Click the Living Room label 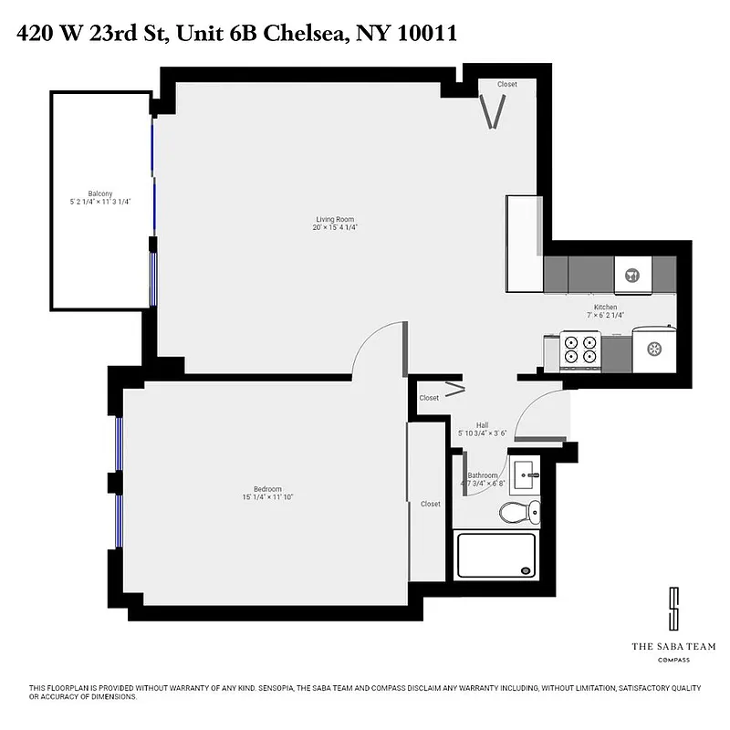[335, 219]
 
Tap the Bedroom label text [268, 488]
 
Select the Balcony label [100, 193]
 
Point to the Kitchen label [605, 308]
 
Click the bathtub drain [526, 569]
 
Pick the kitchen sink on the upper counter [631, 273]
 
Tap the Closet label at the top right [506, 85]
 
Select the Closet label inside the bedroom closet [430, 504]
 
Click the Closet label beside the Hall [429, 398]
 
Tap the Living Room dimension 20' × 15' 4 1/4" [335, 227]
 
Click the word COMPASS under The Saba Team [673, 660]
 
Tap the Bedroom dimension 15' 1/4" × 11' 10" [268, 497]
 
